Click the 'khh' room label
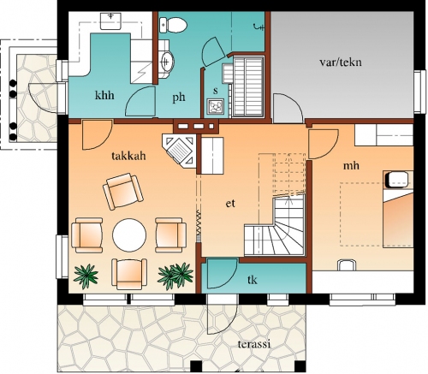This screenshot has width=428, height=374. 104,95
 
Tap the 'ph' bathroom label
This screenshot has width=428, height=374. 179,98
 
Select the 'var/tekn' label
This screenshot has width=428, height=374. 341,62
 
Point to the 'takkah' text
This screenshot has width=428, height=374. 128,156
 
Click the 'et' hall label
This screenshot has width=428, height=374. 230,204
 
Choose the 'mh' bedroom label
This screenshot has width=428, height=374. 351,165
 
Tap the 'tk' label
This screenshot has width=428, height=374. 253,280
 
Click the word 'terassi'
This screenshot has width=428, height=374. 254,344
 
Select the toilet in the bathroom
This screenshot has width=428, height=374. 173,25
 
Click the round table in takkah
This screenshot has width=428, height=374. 129,235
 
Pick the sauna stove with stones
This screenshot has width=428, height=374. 216,106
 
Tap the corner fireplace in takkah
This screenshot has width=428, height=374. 180,151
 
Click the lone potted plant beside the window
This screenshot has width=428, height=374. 86,276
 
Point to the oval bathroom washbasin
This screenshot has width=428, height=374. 167,61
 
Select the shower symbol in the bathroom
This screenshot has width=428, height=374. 259,27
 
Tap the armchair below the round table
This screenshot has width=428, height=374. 129,274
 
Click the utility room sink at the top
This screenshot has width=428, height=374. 110,21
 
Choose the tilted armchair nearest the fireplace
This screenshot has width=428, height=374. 123,191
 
